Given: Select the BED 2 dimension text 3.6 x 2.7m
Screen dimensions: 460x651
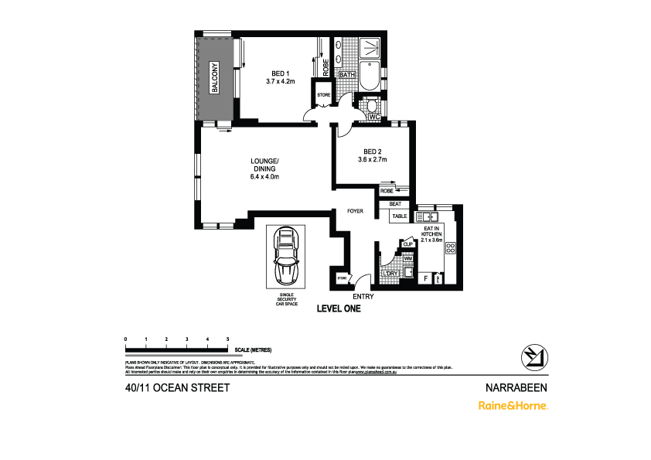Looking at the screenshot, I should pyautogui.click(x=372, y=159).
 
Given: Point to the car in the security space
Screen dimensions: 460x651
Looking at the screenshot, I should pyautogui.click(x=285, y=256).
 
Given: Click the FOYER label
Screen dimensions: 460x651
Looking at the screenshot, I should pyautogui.click(x=355, y=210).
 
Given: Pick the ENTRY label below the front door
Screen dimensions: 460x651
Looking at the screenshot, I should pyautogui.click(x=363, y=296).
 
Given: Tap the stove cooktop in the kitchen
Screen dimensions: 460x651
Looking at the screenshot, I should pyautogui.click(x=449, y=247).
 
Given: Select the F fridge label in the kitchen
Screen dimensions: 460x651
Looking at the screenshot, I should pyautogui.click(x=425, y=277).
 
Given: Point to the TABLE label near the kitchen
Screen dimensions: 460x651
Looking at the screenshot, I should pyautogui.click(x=399, y=216).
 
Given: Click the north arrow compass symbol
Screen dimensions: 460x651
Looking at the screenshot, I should pyautogui.click(x=533, y=356).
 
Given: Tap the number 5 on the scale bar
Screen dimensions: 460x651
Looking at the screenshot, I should pyautogui.click(x=227, y=339).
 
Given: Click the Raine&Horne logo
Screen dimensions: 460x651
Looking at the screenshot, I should pyautogui.click(x=513, y=405).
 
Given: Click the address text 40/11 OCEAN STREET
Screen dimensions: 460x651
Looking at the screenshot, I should pyautogui.click(x=176, y=387).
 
